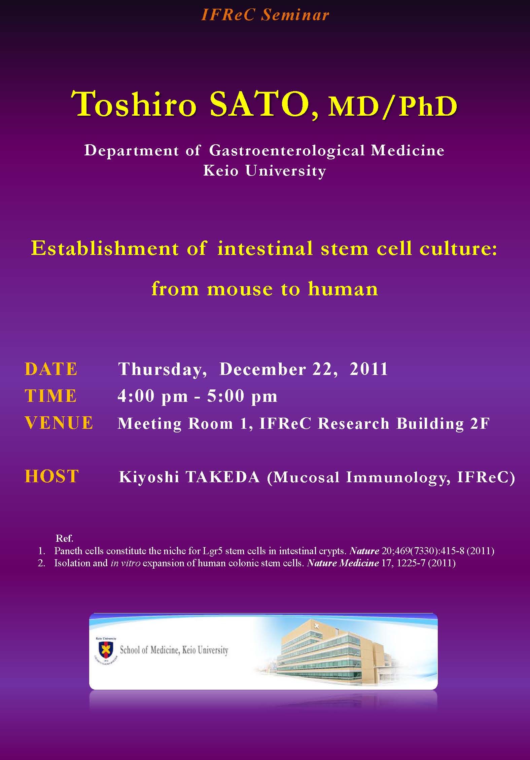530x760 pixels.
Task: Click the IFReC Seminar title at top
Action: (265, 15)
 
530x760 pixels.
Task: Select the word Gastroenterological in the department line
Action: (287, 150)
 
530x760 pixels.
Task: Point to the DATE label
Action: (51, 369)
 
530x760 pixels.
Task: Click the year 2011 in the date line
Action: (369, 369)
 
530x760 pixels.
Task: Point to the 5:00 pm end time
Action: (242, 396)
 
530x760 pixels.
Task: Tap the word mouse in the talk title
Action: (240, 289)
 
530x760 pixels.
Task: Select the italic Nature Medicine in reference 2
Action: (343, 563)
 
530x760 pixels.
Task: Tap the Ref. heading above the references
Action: (64, 538)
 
